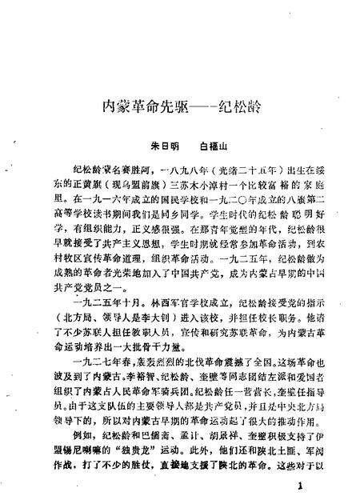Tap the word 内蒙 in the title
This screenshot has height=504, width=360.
click(x=116, y=105)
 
